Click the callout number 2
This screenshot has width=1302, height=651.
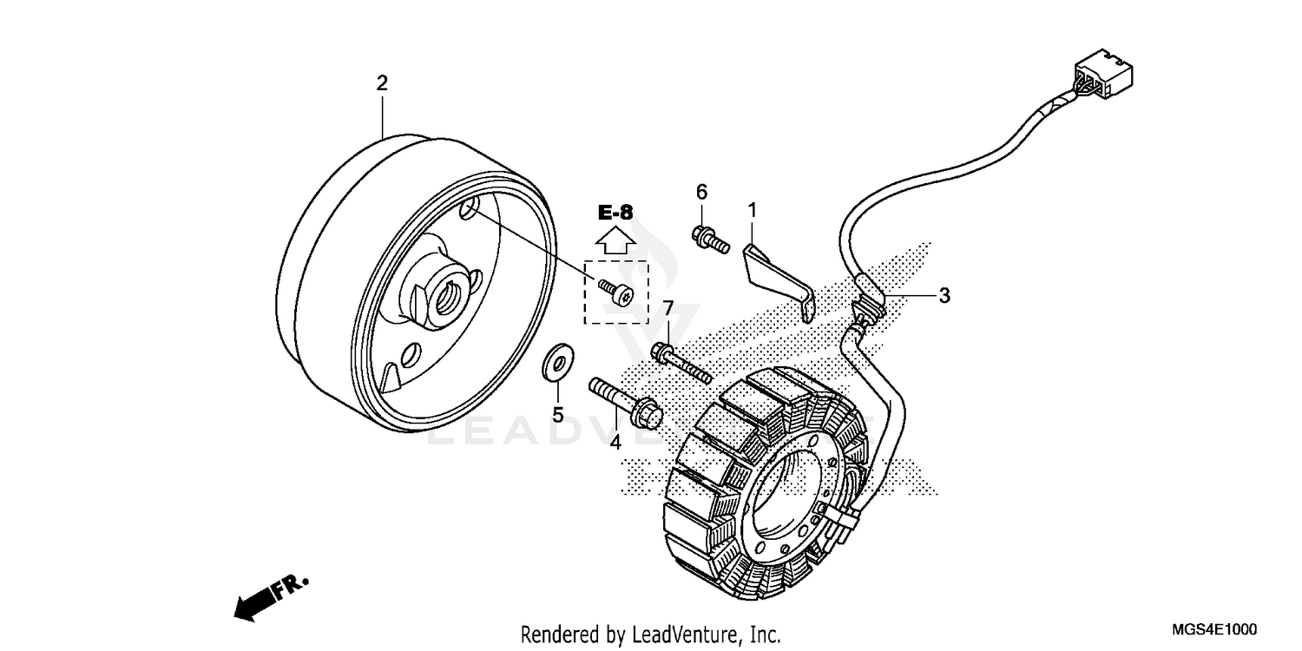382,83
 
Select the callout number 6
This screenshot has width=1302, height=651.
701,191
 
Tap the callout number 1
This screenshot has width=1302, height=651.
753,209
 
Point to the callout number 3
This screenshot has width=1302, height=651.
944,295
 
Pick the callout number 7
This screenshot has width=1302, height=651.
668,308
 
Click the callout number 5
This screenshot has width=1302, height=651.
558,415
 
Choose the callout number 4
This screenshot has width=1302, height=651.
615,442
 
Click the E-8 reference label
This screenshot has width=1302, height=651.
615,211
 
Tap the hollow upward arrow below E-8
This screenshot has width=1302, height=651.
615,240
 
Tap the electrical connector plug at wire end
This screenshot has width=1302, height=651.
1103,75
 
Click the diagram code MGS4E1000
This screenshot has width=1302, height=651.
1213,630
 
